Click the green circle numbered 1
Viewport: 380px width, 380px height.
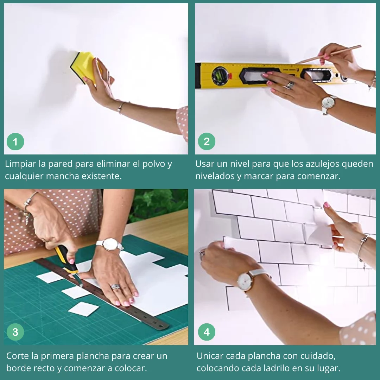pyautogui.click(x=15, y=141)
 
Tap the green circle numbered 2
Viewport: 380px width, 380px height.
pyautogui.click(x=207, y=141)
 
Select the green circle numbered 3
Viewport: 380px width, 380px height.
pyautogui.click(x=15, y=332)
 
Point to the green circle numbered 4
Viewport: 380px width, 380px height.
pyautogui.click(x=207, y=332)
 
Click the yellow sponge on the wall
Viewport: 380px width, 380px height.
pyautogui.click(x=84, y=66)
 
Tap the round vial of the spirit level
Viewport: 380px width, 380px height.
pyautogui.click(x=220, y=76)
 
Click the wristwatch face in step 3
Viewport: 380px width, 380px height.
pyautogui.click(x=110, y=244)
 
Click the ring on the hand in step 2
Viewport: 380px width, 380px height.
pyautogui.click(x=290, y=84)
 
